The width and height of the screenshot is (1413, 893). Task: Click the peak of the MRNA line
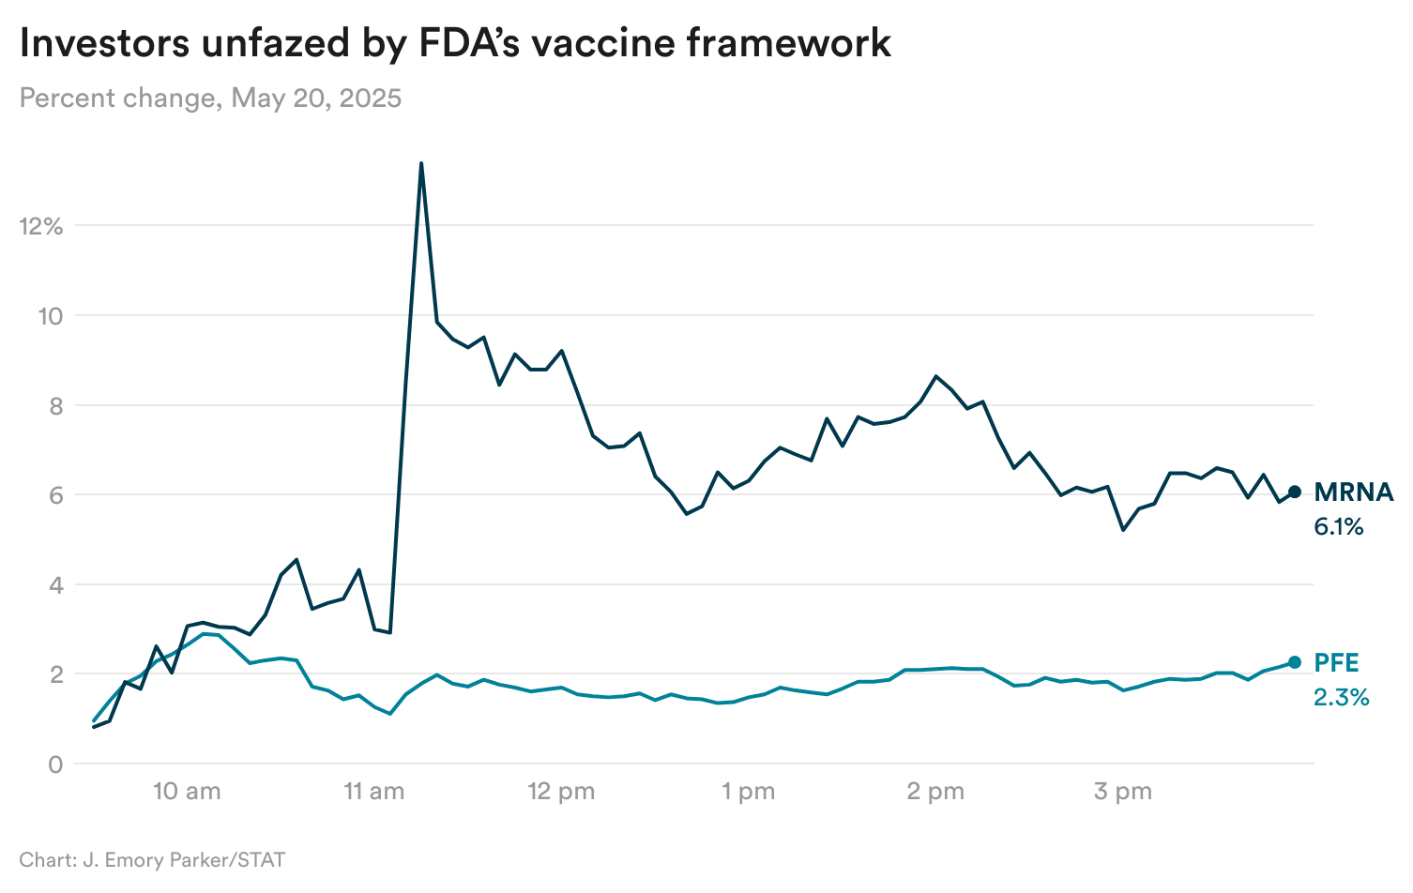pyautogui.click(x=421, y=164)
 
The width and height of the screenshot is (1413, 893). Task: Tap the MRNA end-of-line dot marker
pyautogui.click(x=1295, y=492)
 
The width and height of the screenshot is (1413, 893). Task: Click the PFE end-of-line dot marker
pyautogui.click(x=1295, y=662)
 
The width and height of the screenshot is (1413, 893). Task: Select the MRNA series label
pyautogui.click(x=1353, y=492)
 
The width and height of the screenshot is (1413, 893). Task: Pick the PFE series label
pyautogui.click(x=1336, y=663)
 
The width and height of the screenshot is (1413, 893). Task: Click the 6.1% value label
pyautogui.click(x=1338, y=527)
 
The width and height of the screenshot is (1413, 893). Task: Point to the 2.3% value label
pyautogui.click(x=1341, y=698)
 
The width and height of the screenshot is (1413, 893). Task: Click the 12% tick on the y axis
pyautogui.click(x=40, y=226)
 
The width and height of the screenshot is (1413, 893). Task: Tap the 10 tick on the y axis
pyautogui.click(x=50, y=316)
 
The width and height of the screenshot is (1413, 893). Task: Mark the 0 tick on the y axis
pyautogui.click(x=55, y=764)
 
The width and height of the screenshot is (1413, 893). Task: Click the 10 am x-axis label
pyautogui.click(x=187, y=792)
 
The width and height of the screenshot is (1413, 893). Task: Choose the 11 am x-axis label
pyautogui.click(x=373, y=792)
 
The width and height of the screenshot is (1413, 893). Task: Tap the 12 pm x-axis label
pyautogui.click(x=561, y=792)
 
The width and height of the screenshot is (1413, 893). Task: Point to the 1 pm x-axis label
pyautogui.click(x=748, y=792)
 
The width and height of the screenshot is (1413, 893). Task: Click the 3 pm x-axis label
pyautogui.click(x=1122, y=792)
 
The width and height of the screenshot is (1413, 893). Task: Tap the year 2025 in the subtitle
pyautogui.click(x=371, y=98)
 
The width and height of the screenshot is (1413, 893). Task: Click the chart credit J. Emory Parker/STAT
pyautogui.click(x=178, y=860)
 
